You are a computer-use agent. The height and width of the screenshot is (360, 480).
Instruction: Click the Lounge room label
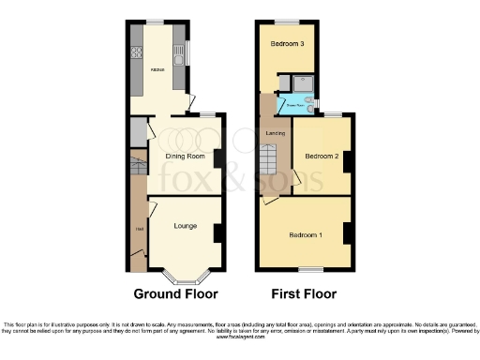(x=185, y=226)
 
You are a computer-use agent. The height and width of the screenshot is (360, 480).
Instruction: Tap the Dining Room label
(x=185, y=156)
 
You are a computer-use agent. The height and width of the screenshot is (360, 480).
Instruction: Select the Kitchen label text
(x=158, y=70)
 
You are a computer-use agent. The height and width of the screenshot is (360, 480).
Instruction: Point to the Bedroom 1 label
(x=306, y=233)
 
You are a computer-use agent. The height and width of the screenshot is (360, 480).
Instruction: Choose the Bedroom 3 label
(x=287, y=44)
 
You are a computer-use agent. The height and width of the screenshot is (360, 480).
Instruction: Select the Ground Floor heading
(x=175, y=292)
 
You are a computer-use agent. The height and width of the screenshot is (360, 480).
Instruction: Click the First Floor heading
(x=305, y=292)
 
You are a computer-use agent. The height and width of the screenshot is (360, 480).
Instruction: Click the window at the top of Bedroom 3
(x=286, y=21)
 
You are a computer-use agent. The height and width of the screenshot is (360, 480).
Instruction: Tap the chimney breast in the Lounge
(x=217, y=232)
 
